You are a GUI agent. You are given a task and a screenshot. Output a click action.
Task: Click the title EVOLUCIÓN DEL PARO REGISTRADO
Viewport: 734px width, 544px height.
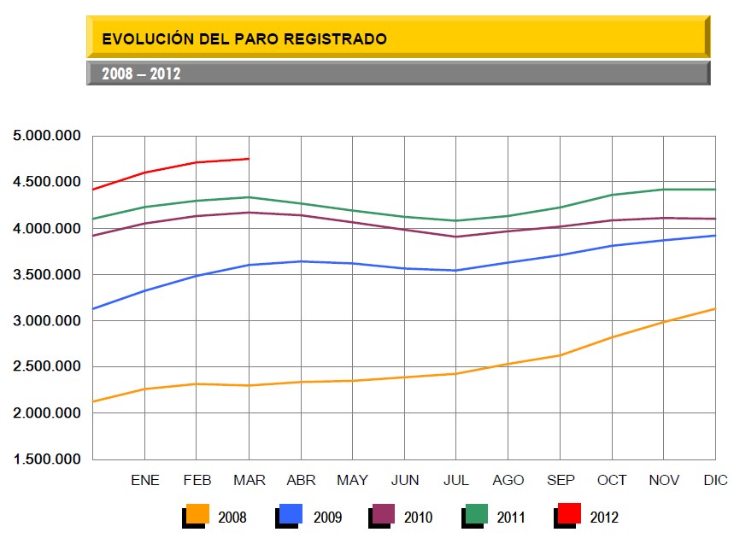click(x=244, y=38)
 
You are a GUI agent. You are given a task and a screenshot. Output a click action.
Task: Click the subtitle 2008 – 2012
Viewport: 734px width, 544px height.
click(x=141, y=73)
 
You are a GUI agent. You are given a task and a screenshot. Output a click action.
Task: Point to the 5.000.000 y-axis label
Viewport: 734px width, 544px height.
click(x=46, y=136)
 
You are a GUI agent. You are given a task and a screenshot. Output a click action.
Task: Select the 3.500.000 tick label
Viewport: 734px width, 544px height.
click(x=46, y=275)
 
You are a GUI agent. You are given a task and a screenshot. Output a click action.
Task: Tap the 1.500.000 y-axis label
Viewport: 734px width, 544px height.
click(x=46, y=459)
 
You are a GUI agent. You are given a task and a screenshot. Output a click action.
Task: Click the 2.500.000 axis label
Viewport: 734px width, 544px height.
click(x=46, y=367)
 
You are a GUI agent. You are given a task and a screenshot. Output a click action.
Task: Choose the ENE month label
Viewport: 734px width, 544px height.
click(x=145, y=480)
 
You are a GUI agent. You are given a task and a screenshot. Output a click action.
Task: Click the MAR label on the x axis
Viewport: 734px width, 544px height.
click(x=249, y=480)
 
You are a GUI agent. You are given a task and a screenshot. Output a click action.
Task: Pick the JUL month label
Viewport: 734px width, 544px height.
click(x=456, y=480)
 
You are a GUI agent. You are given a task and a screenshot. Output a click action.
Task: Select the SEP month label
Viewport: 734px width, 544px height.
click(x=561, y=480)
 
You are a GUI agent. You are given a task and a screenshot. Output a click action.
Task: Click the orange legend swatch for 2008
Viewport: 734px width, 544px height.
click(x=198, y=514)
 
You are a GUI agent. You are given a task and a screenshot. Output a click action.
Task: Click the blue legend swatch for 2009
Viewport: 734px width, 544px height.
click(x=291, y=514)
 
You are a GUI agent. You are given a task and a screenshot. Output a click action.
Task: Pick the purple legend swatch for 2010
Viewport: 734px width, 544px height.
click(x=384, y=514)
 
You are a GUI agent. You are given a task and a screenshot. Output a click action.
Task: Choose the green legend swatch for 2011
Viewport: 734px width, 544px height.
click(x=476, y=514)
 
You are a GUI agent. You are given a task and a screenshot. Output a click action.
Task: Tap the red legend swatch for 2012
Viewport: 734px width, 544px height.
click(x=569, y=514)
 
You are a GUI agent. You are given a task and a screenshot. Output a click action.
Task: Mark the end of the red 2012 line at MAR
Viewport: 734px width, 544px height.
click(x=249, y=159)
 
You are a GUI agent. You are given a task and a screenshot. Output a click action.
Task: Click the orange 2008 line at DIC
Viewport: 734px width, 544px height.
click(x=713, y=309)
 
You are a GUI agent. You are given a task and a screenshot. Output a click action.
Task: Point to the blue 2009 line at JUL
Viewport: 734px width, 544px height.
click(x=456, y=271)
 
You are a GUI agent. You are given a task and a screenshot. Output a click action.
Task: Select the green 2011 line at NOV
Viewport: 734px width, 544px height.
click(x=664, y=190)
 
